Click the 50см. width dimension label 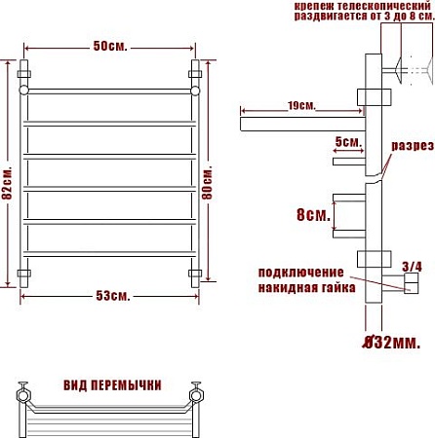click(110, 46)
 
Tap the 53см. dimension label click(113, 296)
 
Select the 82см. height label click(7, 183)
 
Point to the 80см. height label click(207, 182)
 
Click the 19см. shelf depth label click(301, 106)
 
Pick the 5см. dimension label click(348, 142)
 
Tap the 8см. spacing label click(313, 214)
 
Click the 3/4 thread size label click(412, 267)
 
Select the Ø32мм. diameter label click(391, 342)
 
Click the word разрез click(413, 146)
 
